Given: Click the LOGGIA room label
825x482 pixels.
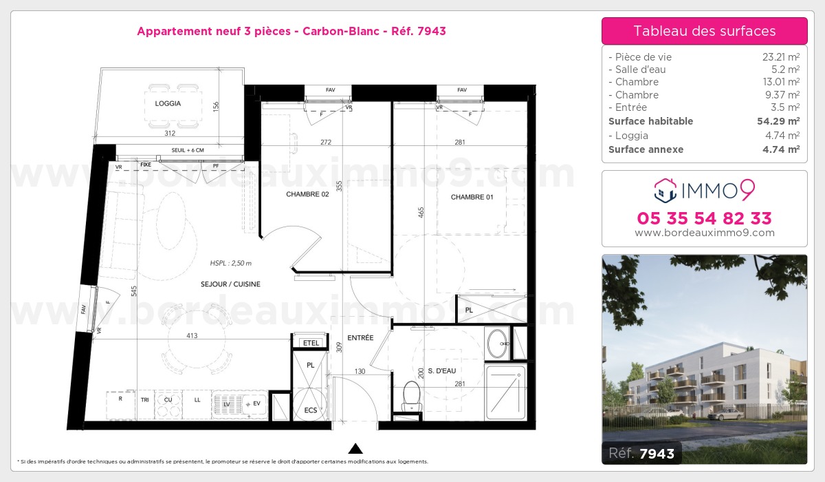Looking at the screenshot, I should (x=168, y=103).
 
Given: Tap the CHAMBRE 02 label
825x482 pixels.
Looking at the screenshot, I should (x=307, y=194).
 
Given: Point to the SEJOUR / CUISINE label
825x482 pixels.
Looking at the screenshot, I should (x=230, y=284).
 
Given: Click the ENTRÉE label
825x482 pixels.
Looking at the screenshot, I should (x=360, y=337).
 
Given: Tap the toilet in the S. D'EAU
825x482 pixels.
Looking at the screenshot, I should (x=411, y=395).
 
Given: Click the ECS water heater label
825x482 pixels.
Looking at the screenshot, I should (x=310, y=410).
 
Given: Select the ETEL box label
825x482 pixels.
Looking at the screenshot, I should (x=311, y=342).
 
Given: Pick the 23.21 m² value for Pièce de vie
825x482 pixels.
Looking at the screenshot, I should (x=776, y=57).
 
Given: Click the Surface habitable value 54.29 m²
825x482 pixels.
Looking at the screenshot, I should (x=775, y=121).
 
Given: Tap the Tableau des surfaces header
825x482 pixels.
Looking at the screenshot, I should (x=704, y=31).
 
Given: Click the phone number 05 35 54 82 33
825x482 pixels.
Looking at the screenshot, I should (x=704, y=218).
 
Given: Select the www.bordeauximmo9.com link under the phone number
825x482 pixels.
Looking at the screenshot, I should (x=704, y=233).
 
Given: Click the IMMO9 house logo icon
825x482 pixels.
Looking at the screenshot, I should (x=665, y=189).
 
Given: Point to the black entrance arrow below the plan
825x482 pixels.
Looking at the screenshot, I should (x=355, y=449).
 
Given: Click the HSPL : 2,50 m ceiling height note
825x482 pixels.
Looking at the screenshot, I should (x=231, y=263).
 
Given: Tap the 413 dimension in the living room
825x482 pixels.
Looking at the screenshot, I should (x=192, y=336).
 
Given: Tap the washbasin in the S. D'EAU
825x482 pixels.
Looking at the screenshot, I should (x=497, y=343).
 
